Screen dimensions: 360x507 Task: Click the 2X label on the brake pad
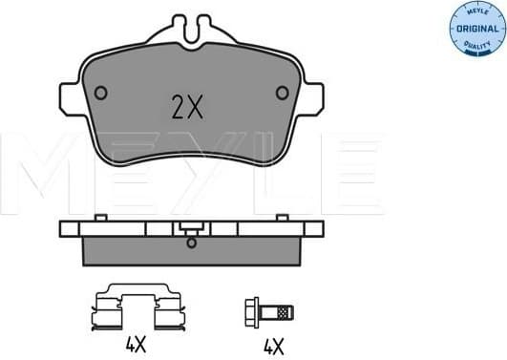[x=188, y=106]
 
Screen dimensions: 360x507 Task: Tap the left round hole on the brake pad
[x=101, y=93]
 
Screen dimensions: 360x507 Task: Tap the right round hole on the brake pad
[x=282, y=93]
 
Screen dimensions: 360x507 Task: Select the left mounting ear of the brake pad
[x=70, y=97]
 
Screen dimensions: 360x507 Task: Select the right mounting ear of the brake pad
[x=312, y=97]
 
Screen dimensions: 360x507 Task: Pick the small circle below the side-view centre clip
[x=193, y=241]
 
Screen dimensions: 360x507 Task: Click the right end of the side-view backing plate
[x=315, y=229]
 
